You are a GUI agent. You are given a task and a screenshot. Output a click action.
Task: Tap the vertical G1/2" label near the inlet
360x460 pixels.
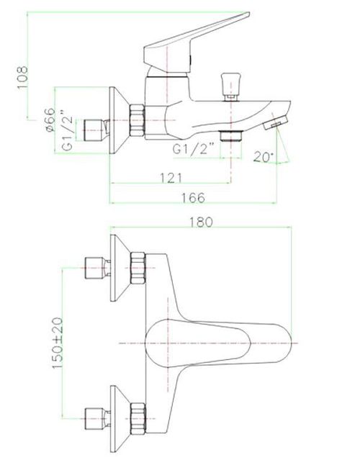tap(66, 130)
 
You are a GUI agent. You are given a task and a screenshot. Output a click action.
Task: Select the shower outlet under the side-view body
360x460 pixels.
tap(230, 135)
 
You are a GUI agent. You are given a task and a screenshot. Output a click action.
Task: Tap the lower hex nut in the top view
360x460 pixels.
tap(138, 415)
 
